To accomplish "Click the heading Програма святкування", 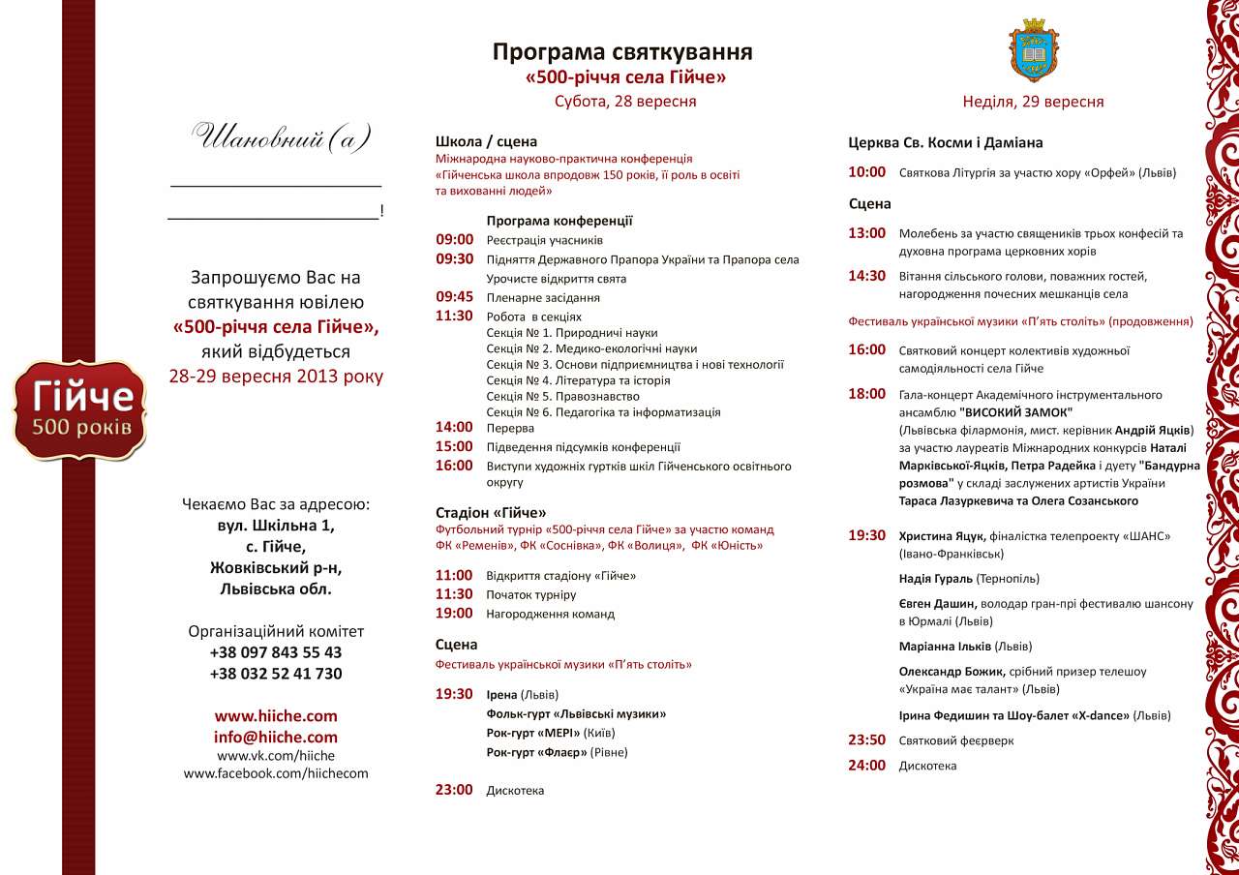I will (x=621, y=52).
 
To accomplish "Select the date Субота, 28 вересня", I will (x=625, y=101).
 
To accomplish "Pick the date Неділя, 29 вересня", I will (x=1033, y=102).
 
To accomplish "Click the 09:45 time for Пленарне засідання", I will (x=454, y=297).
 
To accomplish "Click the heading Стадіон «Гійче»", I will (x=491, y=512).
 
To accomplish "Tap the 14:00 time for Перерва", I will (x=454, y=427).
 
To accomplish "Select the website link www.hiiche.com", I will (x=276, y=716).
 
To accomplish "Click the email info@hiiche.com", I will (x=276, y=737).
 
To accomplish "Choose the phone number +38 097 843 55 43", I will (x=276, y=652).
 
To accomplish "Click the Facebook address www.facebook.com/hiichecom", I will (x=276, y=773).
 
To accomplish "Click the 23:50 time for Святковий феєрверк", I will (x=867, y=740).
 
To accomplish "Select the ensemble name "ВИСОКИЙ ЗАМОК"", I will (x=1016, y=411).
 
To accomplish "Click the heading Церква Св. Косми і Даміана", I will (x=946, y=142).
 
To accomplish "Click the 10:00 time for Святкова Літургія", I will (x=867, y=172).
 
